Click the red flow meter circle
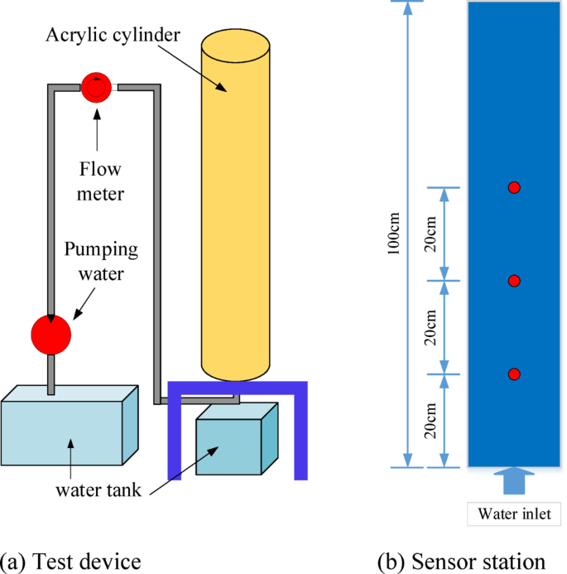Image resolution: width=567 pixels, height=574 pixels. point(98,87)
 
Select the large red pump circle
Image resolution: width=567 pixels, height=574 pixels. point(51,334)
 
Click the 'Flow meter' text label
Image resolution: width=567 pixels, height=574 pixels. point(99,182)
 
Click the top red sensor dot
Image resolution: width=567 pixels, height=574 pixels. point(514,188)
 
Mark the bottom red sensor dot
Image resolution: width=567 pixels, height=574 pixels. point(514,374)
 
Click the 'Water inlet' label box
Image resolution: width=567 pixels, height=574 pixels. point(513,513)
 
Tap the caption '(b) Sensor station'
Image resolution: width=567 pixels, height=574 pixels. point(460,561)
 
